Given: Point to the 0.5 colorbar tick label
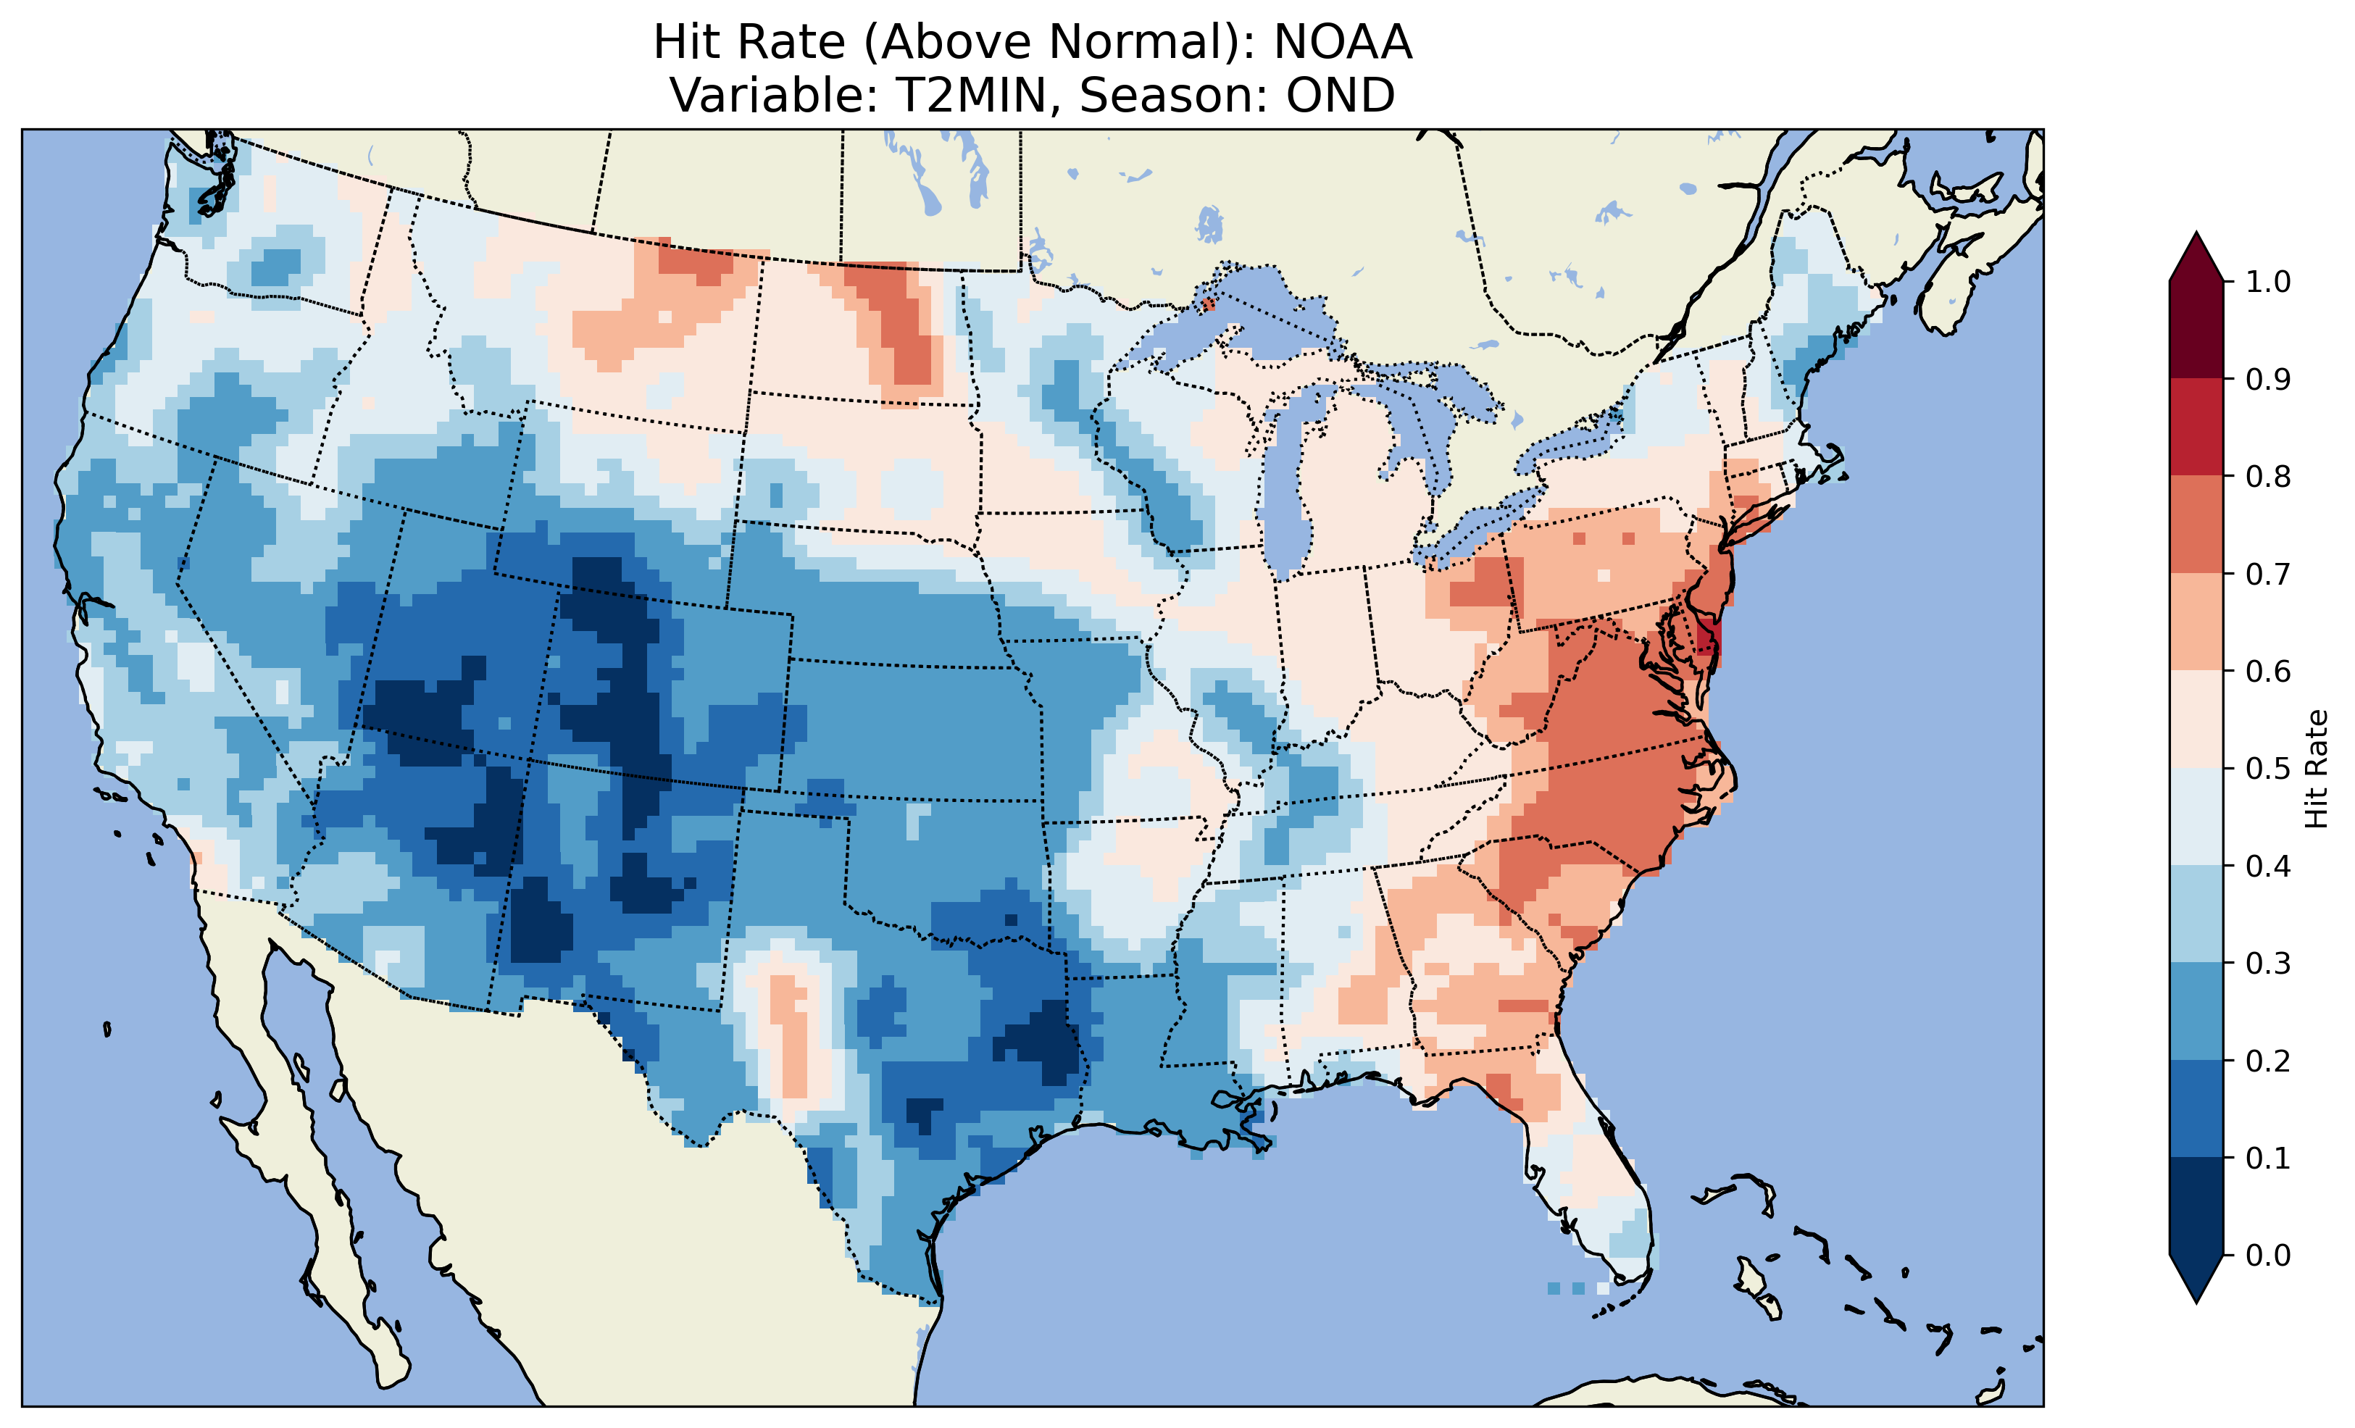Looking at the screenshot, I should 2267,769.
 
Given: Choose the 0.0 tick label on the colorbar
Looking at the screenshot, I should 2267,1255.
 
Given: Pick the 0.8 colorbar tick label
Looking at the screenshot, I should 2267,476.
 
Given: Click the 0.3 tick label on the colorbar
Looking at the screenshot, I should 2267,964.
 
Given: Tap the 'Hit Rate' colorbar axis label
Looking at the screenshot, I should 2316,769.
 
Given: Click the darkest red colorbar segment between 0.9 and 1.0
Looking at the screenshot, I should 2196,330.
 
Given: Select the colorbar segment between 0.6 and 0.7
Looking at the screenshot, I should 2196,622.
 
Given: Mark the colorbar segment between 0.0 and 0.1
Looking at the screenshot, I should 2196,1206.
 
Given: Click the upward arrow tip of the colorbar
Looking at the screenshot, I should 2196,239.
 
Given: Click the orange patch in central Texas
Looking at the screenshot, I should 789,1032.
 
